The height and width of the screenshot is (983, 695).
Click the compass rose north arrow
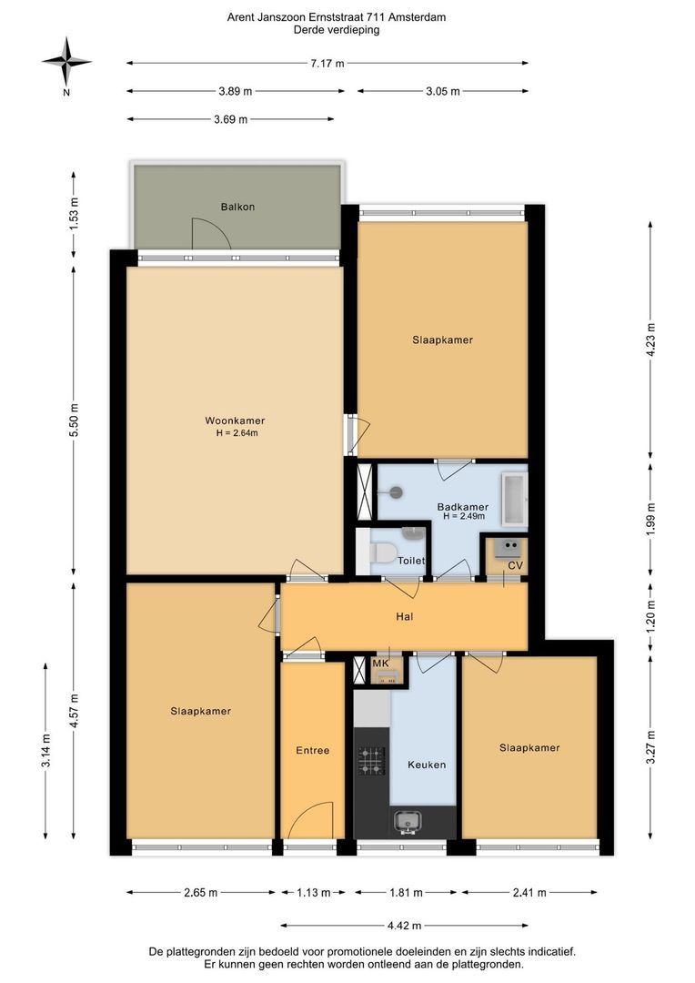coord(66,62)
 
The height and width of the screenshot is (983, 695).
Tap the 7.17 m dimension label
coord(327,63)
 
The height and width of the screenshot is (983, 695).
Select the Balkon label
coord(237,207)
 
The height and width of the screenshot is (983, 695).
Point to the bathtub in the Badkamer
coord(514,499)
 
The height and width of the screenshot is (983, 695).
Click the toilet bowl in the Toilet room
coord(382,553)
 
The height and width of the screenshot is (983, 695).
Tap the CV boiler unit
coord(507,547)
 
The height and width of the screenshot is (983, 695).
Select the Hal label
coord(404,616)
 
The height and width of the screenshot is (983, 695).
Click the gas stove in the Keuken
coord(371,760)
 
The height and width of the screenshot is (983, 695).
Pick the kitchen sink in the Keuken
coord(408,822)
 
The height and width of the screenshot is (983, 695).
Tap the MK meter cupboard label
coord(380,664)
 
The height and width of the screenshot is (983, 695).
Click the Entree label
coord(313,750)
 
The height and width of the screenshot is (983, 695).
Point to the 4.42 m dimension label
coord(404,925)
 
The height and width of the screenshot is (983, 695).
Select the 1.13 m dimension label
coord(313,892)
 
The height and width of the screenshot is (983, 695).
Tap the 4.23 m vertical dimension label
coord(650,339)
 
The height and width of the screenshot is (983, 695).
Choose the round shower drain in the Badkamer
coord(395,492)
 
